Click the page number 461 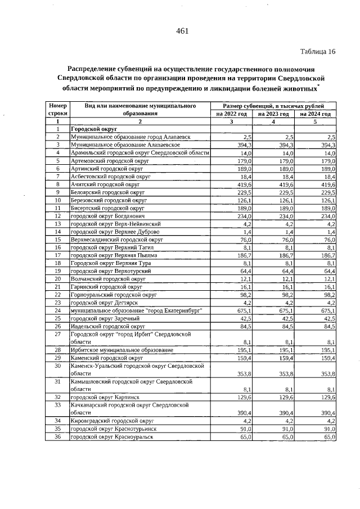[182, 31]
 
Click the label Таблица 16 [318, 52]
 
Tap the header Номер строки [57, 109]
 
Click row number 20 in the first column [57, 278]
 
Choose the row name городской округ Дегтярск [97, 302]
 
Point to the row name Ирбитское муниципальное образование [114, 350]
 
